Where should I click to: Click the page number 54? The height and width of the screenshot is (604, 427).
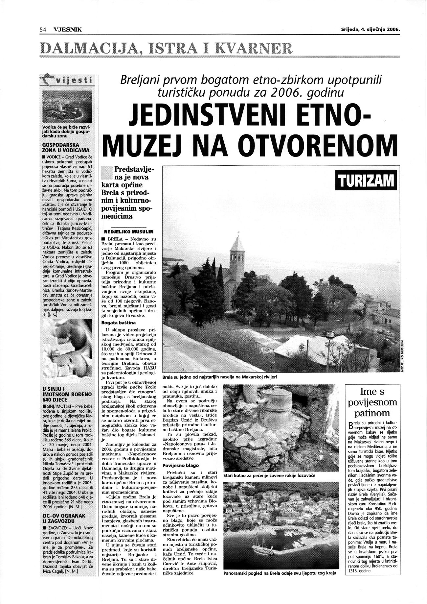(x=42, y=29)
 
